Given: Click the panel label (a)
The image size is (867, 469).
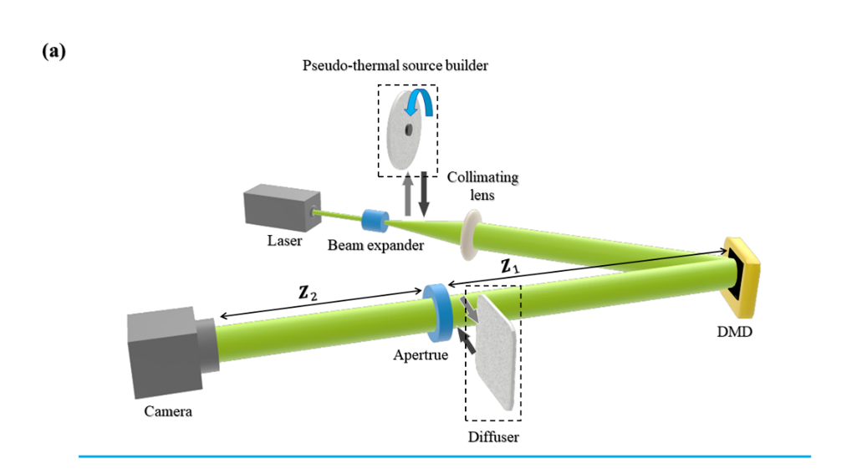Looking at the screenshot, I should pyautogui.click(x=54, y=52).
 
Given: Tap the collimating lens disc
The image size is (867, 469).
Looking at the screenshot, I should pyautogui.click(x=471, y=232).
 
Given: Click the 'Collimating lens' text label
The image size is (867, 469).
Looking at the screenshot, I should pyautogui.click(x=482, y=186).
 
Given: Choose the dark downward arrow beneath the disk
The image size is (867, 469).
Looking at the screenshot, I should pyautogui.click(x=424, y=193).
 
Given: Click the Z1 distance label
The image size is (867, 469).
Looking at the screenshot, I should pyautogui.click(x=510, y=268).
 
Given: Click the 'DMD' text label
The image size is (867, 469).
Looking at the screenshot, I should pyautogui.click(x=735, y=333).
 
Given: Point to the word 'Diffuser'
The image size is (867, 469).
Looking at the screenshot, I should pyautogui.click(x=493, y=436).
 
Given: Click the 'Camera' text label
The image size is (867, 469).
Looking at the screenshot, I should pyautogui.click(x=168, y=411).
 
